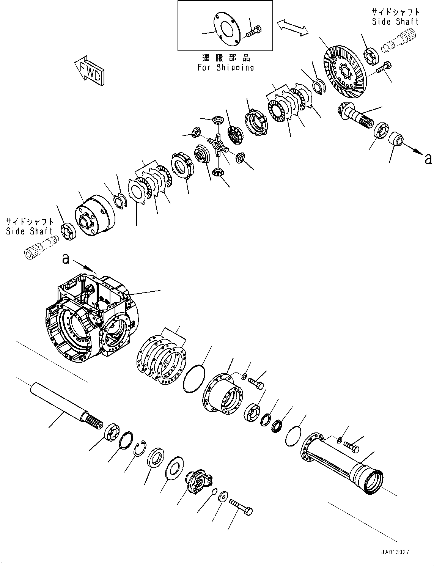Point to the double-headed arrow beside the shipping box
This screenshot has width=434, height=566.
[x=292, y=28]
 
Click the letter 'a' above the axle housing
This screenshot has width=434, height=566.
[x=66, y=259]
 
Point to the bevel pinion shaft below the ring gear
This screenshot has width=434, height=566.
[x=355, y=115]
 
